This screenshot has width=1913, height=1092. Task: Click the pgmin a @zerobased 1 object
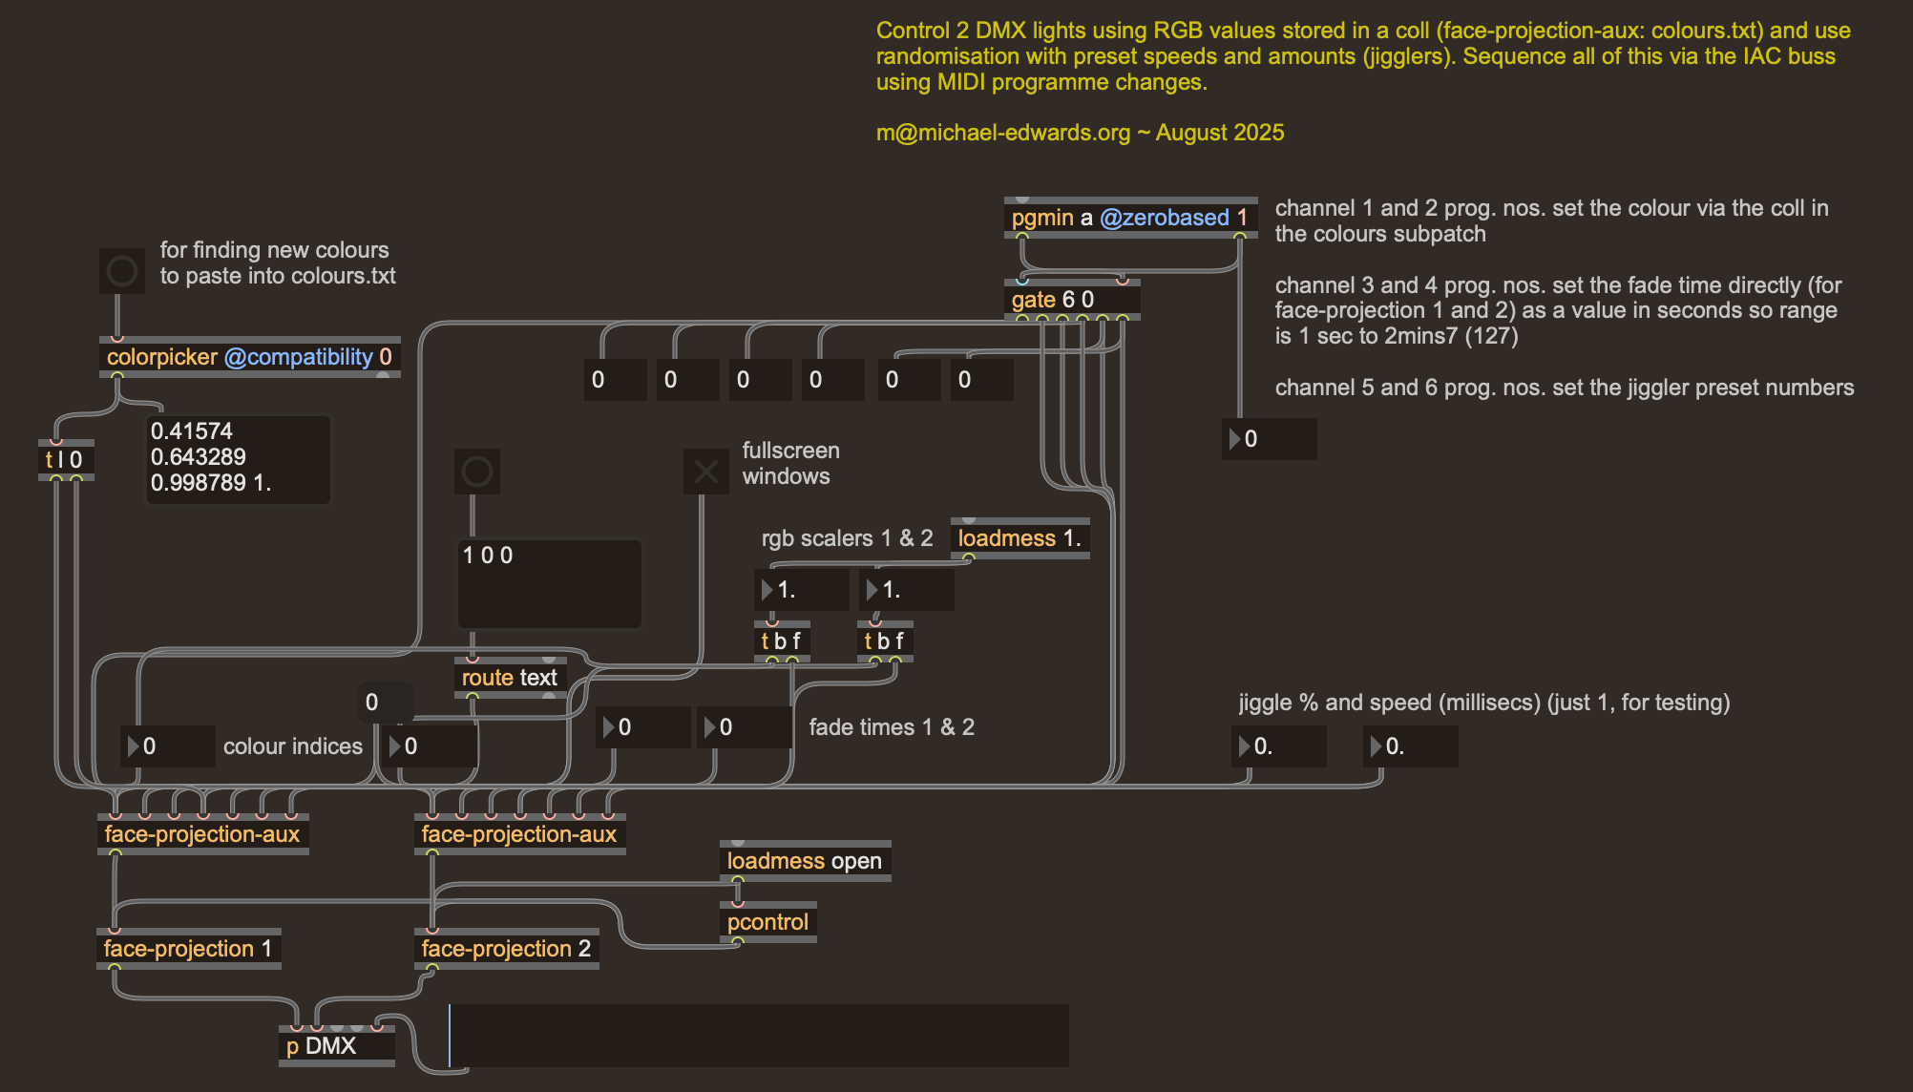click(1129, 218)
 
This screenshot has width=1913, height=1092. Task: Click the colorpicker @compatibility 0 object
click(249, 357)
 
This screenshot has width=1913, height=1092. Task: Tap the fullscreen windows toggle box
click(706, 472)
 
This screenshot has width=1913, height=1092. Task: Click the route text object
click(510, 678)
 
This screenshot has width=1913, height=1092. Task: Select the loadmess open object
click(804, 861)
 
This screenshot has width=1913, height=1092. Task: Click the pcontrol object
click(767, 922)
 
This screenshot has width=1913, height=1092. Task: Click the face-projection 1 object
click(188, 949)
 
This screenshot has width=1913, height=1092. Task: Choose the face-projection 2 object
click(506, 949)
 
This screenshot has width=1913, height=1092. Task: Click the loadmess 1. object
click(1020, 538)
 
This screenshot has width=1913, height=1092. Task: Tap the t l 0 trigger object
click(65, 460)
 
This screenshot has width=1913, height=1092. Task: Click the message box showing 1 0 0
click(549, 582)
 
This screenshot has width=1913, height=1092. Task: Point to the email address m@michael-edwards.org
click(1002, 133)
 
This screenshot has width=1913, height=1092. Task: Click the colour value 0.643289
click(199, 457)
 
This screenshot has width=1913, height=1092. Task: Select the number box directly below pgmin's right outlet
click(1270, 439)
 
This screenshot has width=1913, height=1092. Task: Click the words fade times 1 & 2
click(892, 727)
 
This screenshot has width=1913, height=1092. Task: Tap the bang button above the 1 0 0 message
click(477, 472)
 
